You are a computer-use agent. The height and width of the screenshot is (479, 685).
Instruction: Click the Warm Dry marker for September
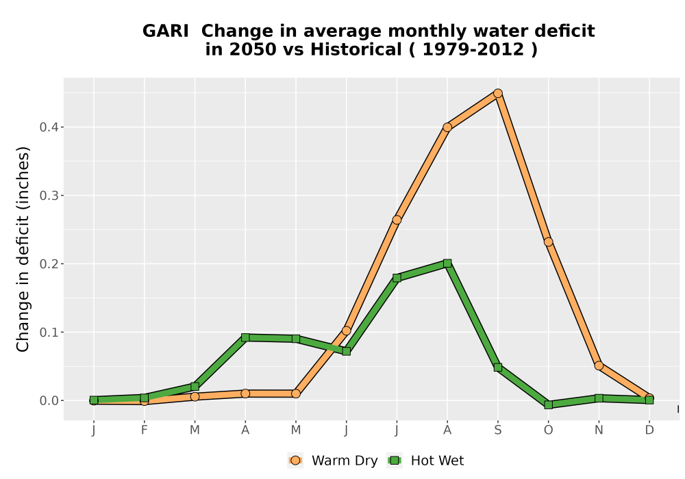point(497,93)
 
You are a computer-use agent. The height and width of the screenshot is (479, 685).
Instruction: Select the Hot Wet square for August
point(447,263)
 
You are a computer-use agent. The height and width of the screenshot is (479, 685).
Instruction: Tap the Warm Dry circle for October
point(548,242)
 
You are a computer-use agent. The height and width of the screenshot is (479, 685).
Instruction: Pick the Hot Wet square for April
point(245,337)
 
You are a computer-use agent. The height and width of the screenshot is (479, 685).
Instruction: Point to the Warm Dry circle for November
point(599,365)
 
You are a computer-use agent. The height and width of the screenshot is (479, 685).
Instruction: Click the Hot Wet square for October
point(548,405)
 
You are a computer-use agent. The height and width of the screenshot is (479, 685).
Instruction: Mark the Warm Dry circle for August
point(447,127)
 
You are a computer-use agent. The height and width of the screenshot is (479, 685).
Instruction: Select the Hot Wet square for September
point(497,367)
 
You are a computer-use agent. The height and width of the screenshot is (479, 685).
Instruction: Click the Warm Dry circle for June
point(347,331)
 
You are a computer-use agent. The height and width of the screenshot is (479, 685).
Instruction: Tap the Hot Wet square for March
point(195,387)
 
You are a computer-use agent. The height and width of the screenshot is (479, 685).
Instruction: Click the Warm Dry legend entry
point(333,461)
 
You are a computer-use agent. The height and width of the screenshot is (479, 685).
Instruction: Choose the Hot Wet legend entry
point(425,461)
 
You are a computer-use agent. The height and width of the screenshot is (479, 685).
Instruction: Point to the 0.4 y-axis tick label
point(49,127)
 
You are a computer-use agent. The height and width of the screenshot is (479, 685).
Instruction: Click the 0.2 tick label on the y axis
point(49,264)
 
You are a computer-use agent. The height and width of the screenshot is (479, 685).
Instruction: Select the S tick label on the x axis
point(497,430)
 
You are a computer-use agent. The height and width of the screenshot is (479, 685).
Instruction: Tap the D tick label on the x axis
point(649,430)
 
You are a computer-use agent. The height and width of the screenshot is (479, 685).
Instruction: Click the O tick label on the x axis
point(548,430)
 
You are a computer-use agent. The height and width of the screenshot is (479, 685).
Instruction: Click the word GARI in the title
point(166,31)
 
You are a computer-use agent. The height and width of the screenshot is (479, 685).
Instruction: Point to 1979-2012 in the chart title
point(473,49)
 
